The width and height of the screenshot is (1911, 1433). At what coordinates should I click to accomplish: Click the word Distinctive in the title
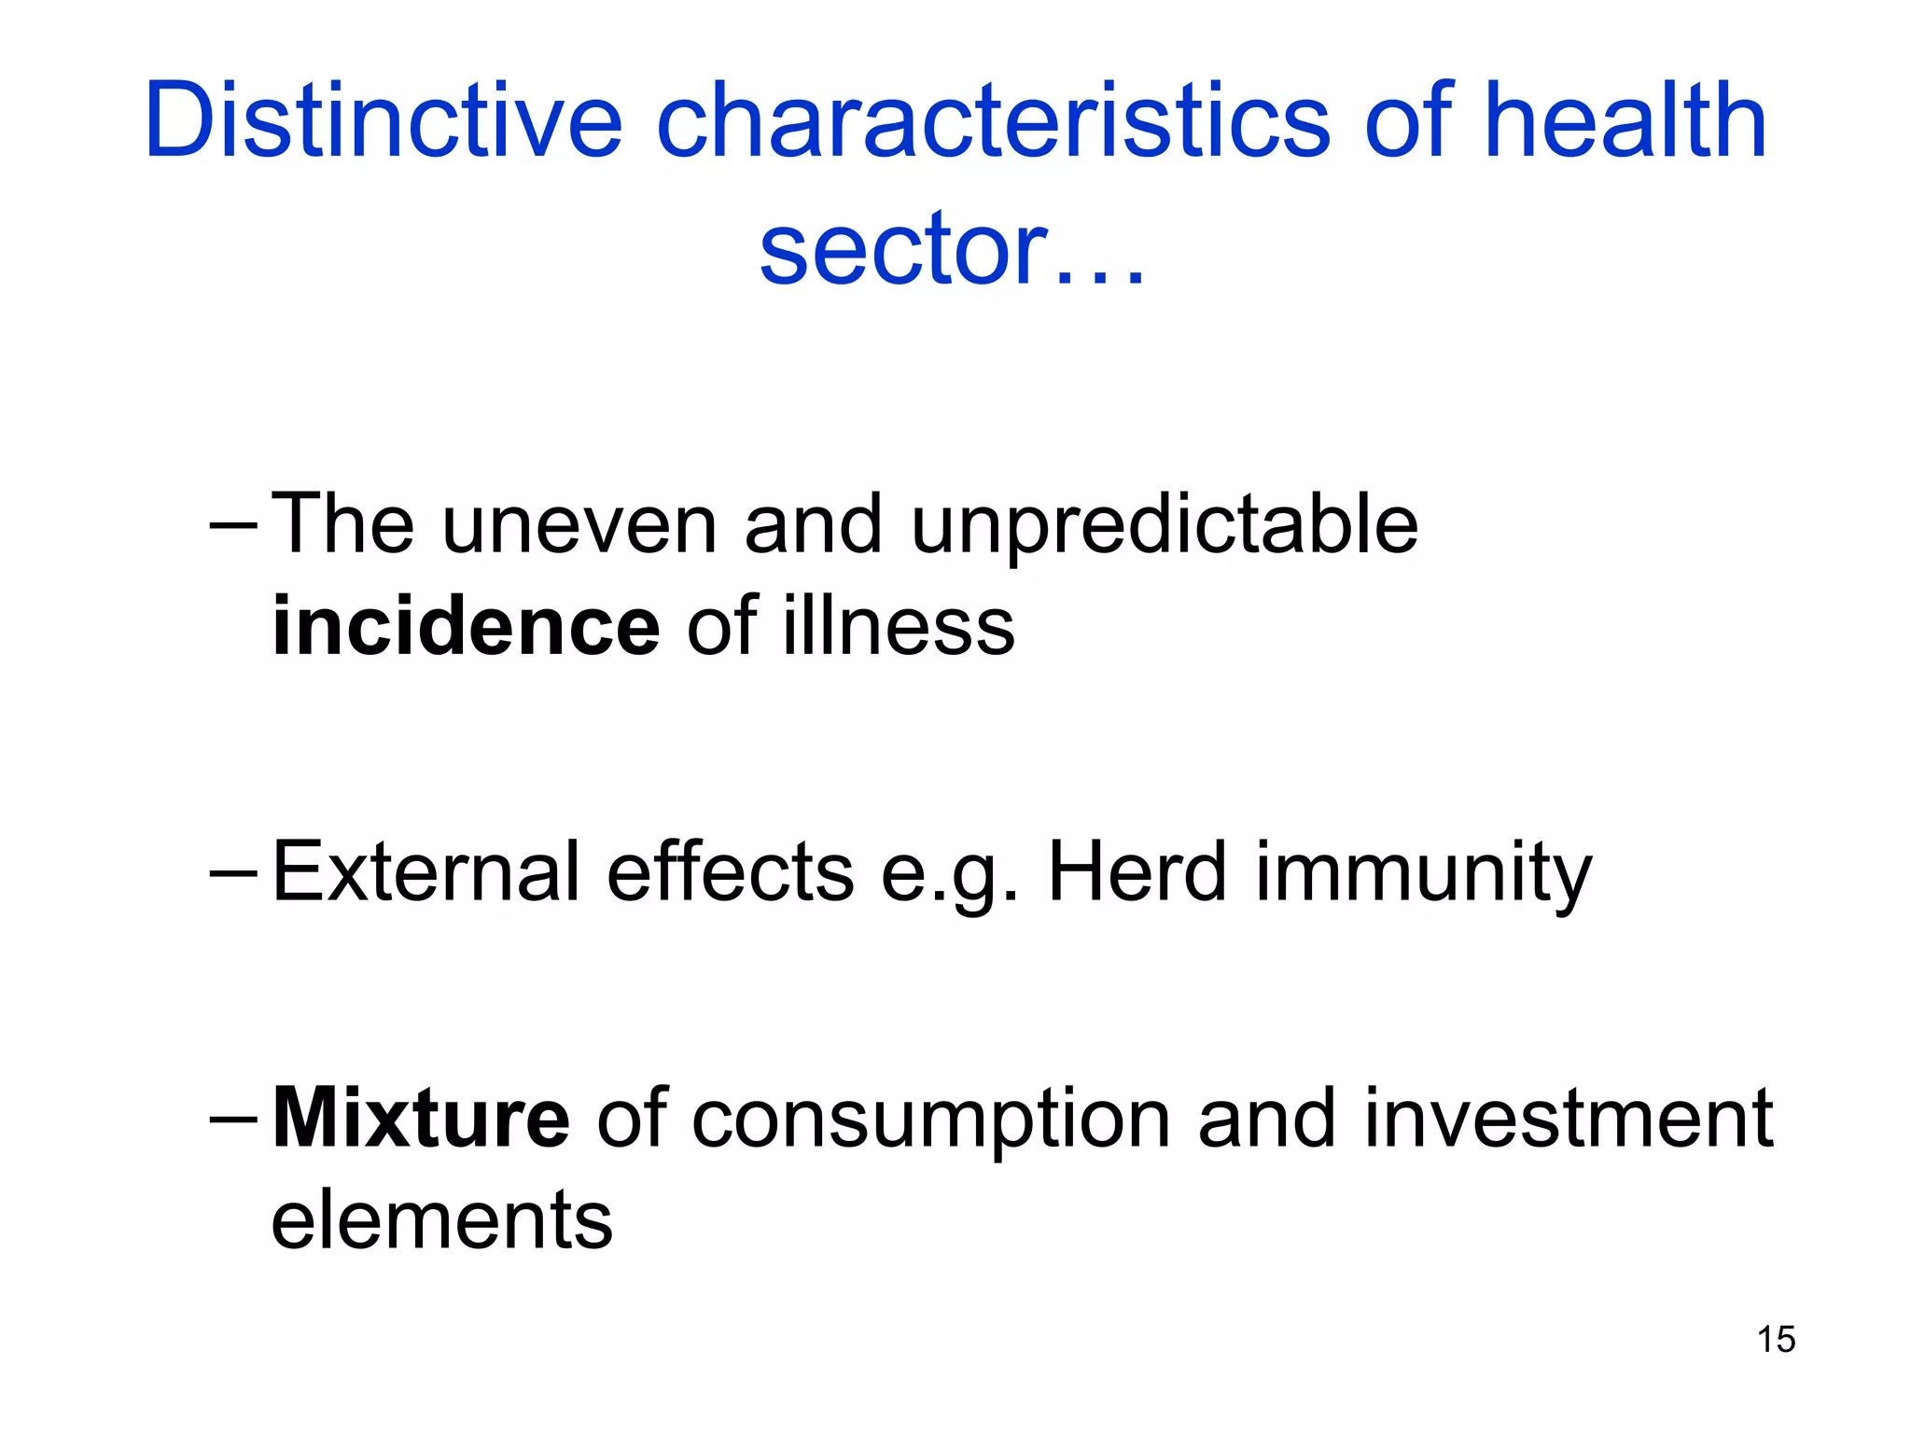(383, 121)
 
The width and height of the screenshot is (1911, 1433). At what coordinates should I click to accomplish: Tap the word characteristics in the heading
(993, 121)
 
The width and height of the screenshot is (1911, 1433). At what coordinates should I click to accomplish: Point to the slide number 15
(1776, 1340)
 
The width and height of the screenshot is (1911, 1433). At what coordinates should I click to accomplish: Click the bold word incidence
(466, 626)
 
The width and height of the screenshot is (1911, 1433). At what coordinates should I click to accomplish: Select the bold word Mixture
(421, 1119)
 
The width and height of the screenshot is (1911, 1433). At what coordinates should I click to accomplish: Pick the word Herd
(1137, 872)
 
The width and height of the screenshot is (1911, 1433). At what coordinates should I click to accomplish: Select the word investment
(1568, 1119)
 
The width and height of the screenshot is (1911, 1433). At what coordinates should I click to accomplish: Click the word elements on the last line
(441, 1220)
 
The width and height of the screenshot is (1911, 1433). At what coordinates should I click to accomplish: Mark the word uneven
(579, 526)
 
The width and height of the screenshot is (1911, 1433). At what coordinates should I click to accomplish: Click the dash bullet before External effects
(233, 873)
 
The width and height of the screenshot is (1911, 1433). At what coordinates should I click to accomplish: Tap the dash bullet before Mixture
(233, 1119)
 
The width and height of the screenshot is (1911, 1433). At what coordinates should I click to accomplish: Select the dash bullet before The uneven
(233, 525)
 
